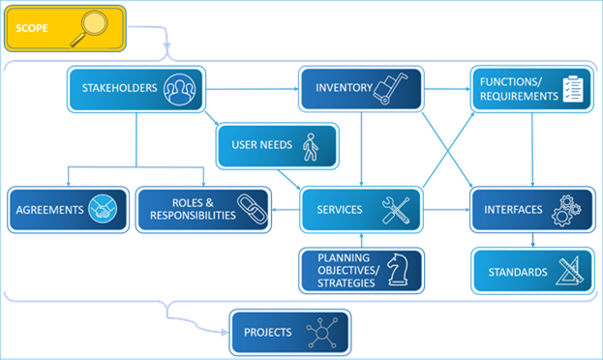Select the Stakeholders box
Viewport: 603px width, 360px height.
point(136,89)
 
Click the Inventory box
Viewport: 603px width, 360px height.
point(361,89)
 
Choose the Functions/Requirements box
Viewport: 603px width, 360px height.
point(530,89)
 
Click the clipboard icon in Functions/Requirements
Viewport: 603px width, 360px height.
point(575,89)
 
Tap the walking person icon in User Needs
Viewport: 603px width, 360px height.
point(310,147)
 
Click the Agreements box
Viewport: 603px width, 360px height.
point(69,209)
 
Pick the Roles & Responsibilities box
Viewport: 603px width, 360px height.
point(201,209)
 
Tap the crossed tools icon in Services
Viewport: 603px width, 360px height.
point(395,210)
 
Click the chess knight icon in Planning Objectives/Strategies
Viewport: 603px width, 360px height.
point(397,271)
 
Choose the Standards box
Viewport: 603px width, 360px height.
point(530,271)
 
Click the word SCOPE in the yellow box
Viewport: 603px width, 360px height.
point(31,29)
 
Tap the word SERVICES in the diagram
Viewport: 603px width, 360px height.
point(340,209)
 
